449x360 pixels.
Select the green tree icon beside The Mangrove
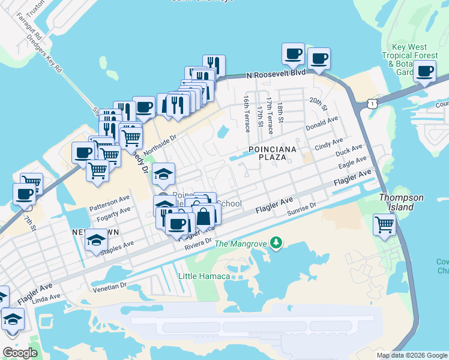[x=276, y=242]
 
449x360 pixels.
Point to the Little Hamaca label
[x=205, y=275]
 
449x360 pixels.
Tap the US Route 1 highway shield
[x=373, y=104]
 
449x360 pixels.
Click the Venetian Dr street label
[x=111, y=286]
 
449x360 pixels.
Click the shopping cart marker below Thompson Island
[x=385, y=226]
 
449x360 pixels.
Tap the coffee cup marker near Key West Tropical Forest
[x=424, y=72]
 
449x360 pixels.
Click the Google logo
[x=20, y=353]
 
